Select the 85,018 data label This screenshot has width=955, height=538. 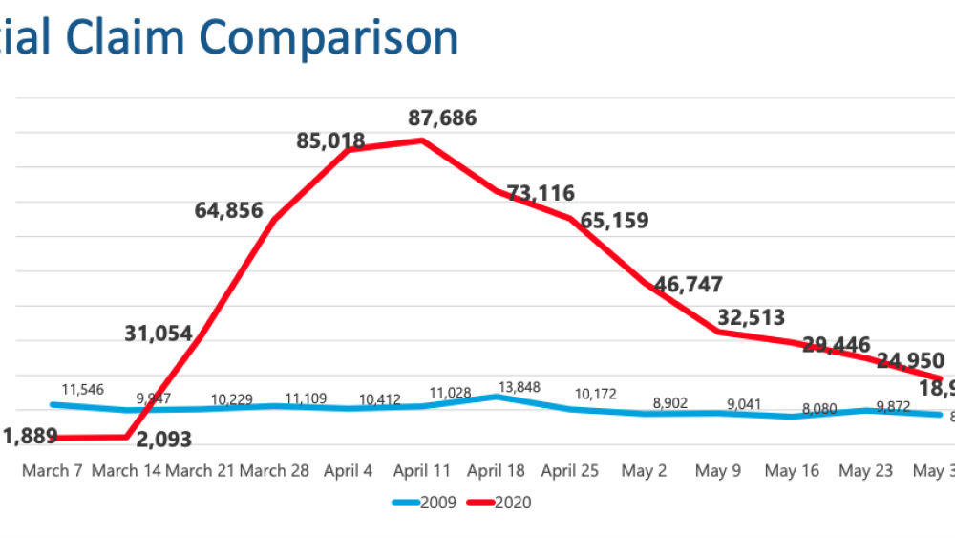[x=329, y=141]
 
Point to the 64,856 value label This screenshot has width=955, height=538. [x=228, y=210]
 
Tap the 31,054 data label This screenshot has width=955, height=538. [x=159, y=334]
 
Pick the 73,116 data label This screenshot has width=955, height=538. [x=540, y=194]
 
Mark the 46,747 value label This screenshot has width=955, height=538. [x=689, y=284]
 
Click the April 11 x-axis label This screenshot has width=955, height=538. [x=421, y=471]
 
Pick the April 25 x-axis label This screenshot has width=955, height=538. [x=569, y=471]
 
